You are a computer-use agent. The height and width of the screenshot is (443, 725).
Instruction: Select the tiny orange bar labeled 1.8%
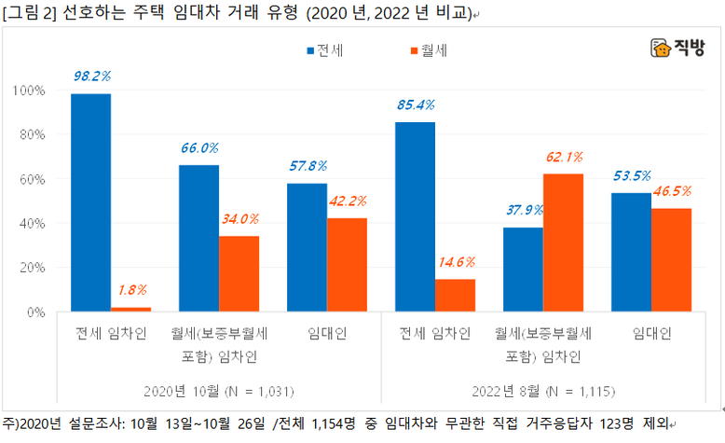[x=130, y=309]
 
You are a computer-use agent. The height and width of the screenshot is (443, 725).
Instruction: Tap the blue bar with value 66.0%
[x=198, y=238]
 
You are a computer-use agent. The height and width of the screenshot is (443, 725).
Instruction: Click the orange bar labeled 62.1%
[x=563, y=242]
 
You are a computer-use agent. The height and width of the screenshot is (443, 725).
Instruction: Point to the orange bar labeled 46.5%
[x=671, y=260]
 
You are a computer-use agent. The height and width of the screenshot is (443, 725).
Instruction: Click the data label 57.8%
[x=308, y=167]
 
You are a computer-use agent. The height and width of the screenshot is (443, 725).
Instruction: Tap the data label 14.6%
[x=455, y=262]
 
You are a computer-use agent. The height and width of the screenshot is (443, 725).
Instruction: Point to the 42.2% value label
[x=348, y=201]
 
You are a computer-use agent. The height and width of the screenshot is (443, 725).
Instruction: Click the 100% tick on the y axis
[x=30, y=90]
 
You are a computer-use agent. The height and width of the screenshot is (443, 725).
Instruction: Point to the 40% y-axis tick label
[x=33, y=223]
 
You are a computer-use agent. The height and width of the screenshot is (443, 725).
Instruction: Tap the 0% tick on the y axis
[x=35, y=311]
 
